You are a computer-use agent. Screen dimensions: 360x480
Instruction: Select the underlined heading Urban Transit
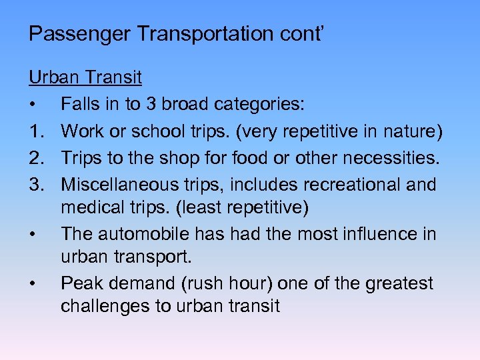pos(85,77)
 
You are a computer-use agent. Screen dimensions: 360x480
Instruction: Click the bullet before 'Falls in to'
pos(32,105)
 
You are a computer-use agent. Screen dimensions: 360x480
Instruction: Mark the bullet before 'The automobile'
pos(32,235)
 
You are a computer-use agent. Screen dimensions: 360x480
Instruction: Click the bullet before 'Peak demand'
pos(32,284)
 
